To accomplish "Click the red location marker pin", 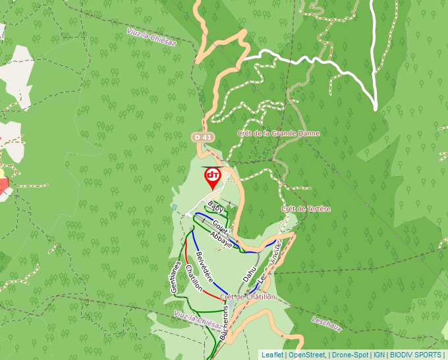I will [x=213, y=176].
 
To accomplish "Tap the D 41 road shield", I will [x=202, y=137].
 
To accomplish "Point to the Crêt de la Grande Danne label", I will [x=279, y=133].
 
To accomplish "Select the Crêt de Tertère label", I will [x=306, y=209].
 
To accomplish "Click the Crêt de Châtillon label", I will [x=248, y=297].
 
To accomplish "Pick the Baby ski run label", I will [x=215, y=206].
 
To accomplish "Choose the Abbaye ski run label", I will [x=221, y=238].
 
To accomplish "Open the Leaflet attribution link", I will [x=273, y=355].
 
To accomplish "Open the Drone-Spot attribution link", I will [x=350, y=355].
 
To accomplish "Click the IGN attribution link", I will [x=379, y=355].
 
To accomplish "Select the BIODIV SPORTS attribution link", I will [x=416, y=355].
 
